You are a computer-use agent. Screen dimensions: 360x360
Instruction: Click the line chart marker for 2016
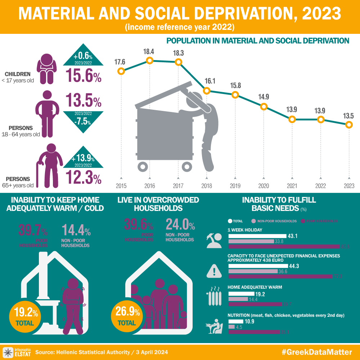click(150, 60)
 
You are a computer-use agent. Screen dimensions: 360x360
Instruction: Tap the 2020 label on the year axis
click(264, 186)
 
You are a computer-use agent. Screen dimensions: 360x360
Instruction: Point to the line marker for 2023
click(348, 125)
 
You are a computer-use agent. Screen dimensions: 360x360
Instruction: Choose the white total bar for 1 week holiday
click(257, 236)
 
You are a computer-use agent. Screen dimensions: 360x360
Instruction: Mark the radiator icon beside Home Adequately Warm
click(215, 297)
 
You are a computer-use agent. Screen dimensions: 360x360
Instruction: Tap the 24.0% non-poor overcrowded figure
click(180, 225)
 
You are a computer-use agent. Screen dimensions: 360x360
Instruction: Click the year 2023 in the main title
click(321, 14)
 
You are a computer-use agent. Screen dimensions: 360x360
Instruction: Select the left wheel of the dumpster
click(143, 166)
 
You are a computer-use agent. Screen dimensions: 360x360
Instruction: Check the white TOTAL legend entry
click(235, 221)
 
